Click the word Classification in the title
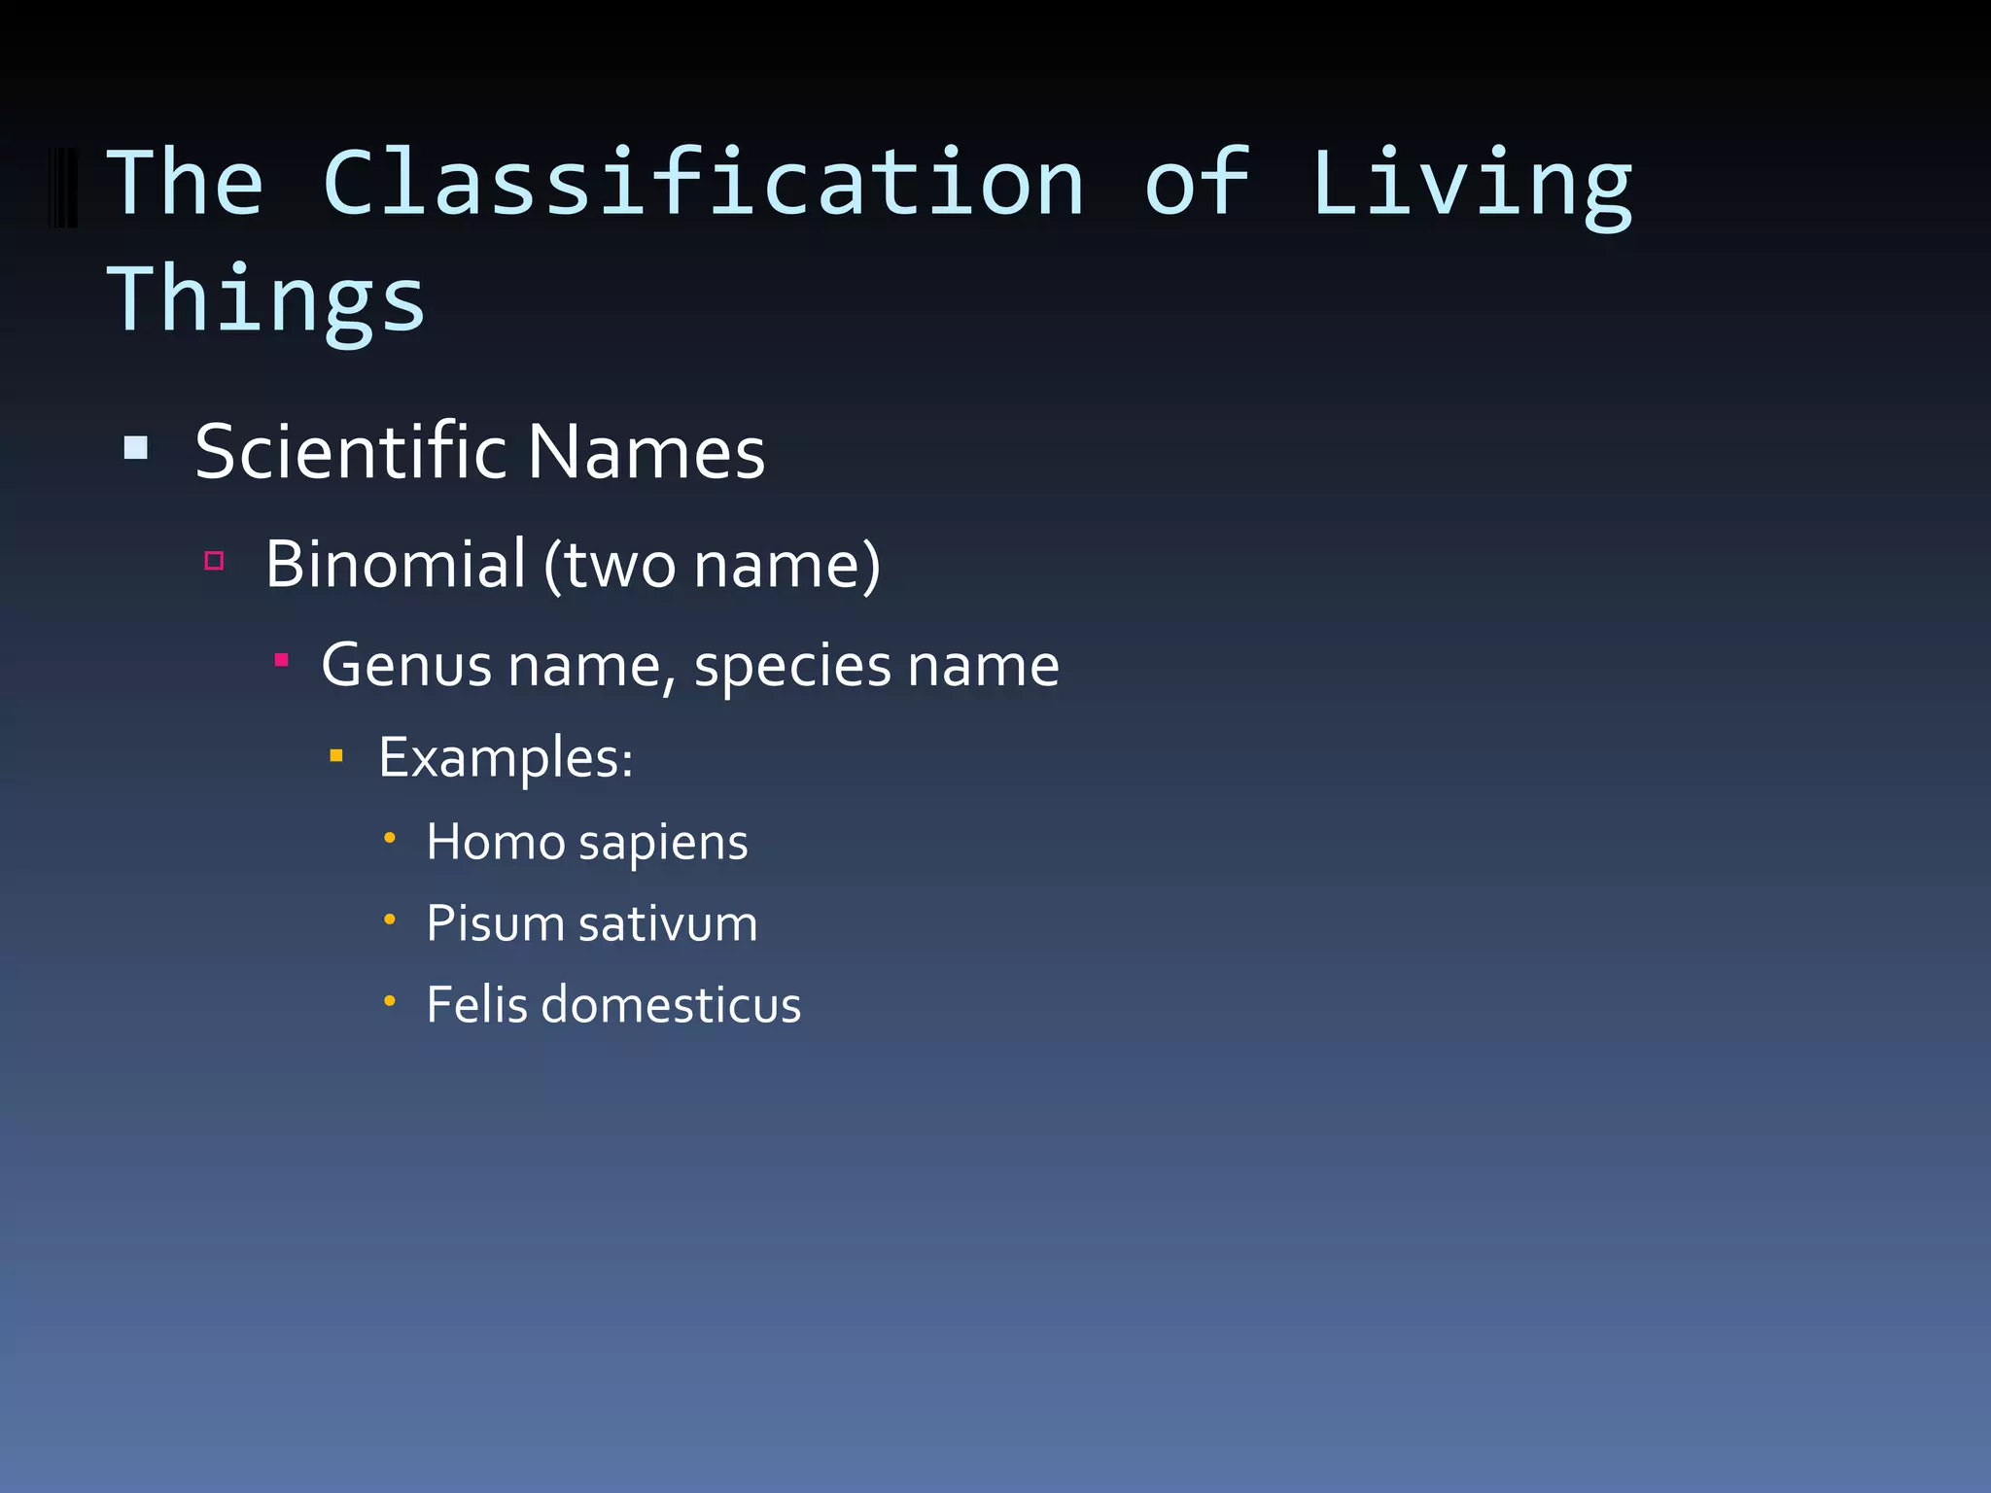(703, 184)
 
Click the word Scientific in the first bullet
(351, 452)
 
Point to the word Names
(646, 453)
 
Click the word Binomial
(396, 564)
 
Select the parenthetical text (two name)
(712, 566)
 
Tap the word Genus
(407, 666)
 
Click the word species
(792, 668)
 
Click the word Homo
(495, 842)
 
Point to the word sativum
(668, 923)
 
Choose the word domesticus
(671, 1004)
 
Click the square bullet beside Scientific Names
(136, 448)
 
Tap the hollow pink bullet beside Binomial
(215, 561)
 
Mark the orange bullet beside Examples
(336, 755)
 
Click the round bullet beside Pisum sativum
(389, 920)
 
